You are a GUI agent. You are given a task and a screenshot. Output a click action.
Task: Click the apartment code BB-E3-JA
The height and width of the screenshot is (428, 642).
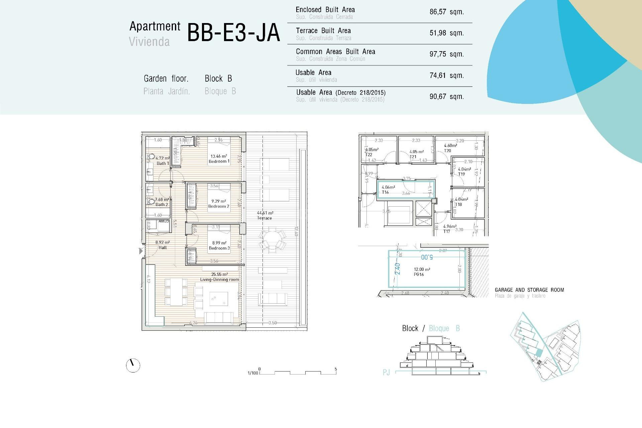pos(233,33)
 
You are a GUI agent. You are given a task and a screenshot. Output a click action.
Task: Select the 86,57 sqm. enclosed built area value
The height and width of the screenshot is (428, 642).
pos(446,12)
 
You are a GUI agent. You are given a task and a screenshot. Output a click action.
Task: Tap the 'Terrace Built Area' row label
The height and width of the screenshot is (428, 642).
pos(323,31)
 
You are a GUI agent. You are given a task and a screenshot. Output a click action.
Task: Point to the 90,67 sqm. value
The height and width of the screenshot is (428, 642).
pos(446,97)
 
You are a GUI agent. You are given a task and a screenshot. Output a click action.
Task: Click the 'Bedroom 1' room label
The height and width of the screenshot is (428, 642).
pos(219,161)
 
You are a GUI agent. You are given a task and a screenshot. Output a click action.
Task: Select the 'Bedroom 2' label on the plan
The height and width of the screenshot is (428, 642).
pos(219,206)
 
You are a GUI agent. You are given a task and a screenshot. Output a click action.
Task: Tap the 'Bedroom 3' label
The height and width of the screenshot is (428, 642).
pos(219,248)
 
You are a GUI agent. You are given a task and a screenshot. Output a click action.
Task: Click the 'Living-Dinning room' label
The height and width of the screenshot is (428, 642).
pos(219,280)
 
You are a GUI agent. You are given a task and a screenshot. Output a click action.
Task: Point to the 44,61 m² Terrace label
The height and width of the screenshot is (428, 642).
pos(264,215)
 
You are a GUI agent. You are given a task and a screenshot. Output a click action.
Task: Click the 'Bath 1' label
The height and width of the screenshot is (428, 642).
pos(163,164)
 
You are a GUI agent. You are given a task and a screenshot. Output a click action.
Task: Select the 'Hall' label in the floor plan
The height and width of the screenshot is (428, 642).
pos(163,248)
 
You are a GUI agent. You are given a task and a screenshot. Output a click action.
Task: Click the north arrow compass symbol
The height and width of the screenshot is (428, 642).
pos(133,365)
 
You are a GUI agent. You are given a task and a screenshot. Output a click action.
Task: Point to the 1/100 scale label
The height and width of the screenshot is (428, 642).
pos(253,373)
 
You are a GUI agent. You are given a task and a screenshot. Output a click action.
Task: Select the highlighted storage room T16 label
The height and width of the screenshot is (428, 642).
pos(385,192)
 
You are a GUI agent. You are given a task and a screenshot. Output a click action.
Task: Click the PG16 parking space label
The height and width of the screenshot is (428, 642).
pos(419,275)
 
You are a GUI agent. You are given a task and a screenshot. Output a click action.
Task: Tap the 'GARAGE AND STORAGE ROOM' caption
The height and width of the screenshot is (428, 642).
pos(529,290)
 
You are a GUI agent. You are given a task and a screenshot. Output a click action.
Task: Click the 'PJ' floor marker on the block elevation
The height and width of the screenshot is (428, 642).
pos(386,372)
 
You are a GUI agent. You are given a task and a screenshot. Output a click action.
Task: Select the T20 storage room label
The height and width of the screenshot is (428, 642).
pos(447,151)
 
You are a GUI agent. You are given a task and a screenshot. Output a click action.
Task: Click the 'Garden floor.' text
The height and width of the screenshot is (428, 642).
pos(166,79)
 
